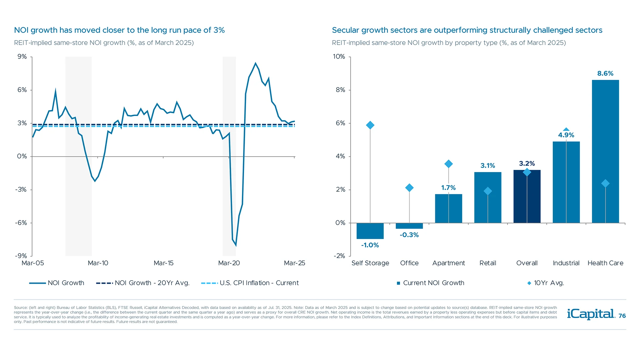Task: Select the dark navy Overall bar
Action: (x=527, y=197)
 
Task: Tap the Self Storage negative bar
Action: (x=370, y=231)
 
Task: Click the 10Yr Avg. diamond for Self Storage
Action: (x=370, y=125)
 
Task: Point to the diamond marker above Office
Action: (x=409, y=188)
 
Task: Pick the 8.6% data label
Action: (x=605, y=73)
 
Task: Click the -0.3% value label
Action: (x=409, y=235)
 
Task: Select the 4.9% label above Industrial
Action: (x=566, y=135)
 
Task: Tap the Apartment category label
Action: (x=448, y=263)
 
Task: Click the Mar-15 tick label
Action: (x=163, y=263)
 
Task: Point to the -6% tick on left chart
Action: (x=21, y=223)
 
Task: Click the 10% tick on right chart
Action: (x=339, y=57)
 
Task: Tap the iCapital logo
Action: (x=591, y=314)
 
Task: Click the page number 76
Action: (x=622, y=316)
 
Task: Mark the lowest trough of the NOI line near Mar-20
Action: (x=236, y=246)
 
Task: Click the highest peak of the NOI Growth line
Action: (x=255, y=63)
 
